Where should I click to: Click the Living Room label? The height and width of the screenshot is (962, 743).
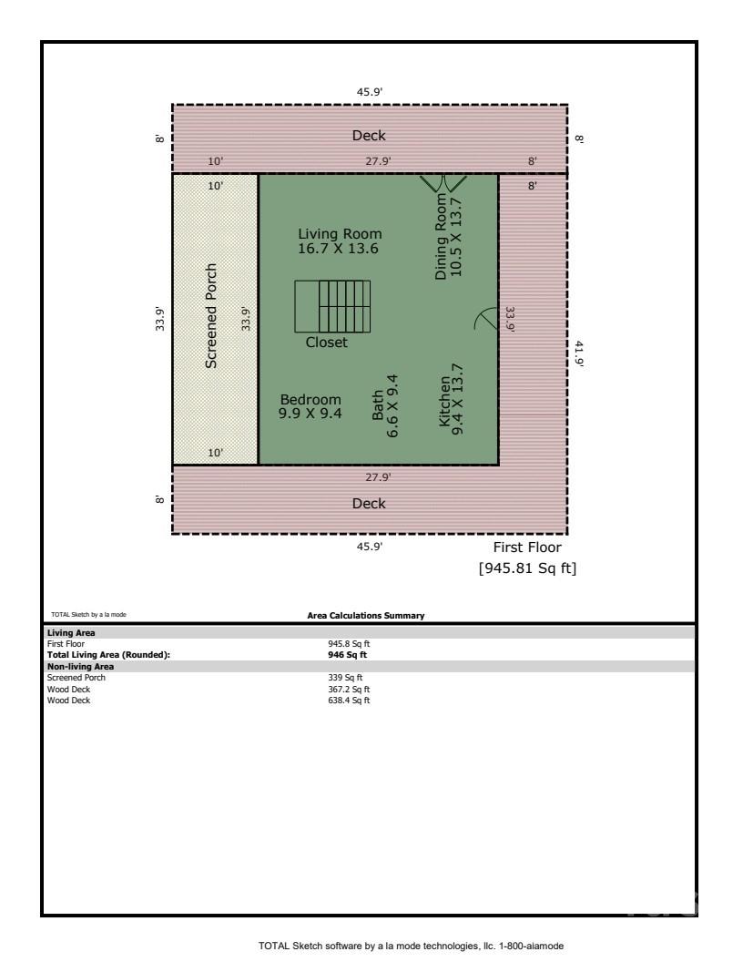click(333, 240)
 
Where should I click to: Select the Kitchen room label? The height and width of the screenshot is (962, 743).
click(451, 400)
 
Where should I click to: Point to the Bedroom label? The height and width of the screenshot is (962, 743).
click(310, 406)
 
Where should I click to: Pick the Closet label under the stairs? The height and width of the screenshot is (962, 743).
click(326, 343)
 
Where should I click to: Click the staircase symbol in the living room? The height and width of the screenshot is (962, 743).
click(332, 307)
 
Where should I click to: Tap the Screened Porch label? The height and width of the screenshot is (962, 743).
click(211, 316)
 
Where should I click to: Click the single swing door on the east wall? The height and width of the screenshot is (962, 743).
click(488, 320)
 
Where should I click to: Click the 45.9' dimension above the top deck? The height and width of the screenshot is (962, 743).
click(369, 92)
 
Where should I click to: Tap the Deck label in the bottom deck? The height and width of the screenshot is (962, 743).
click(369, 504)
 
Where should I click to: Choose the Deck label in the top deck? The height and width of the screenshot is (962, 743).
click(369, 136)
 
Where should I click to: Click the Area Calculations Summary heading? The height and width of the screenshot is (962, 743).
click(366, 616)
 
